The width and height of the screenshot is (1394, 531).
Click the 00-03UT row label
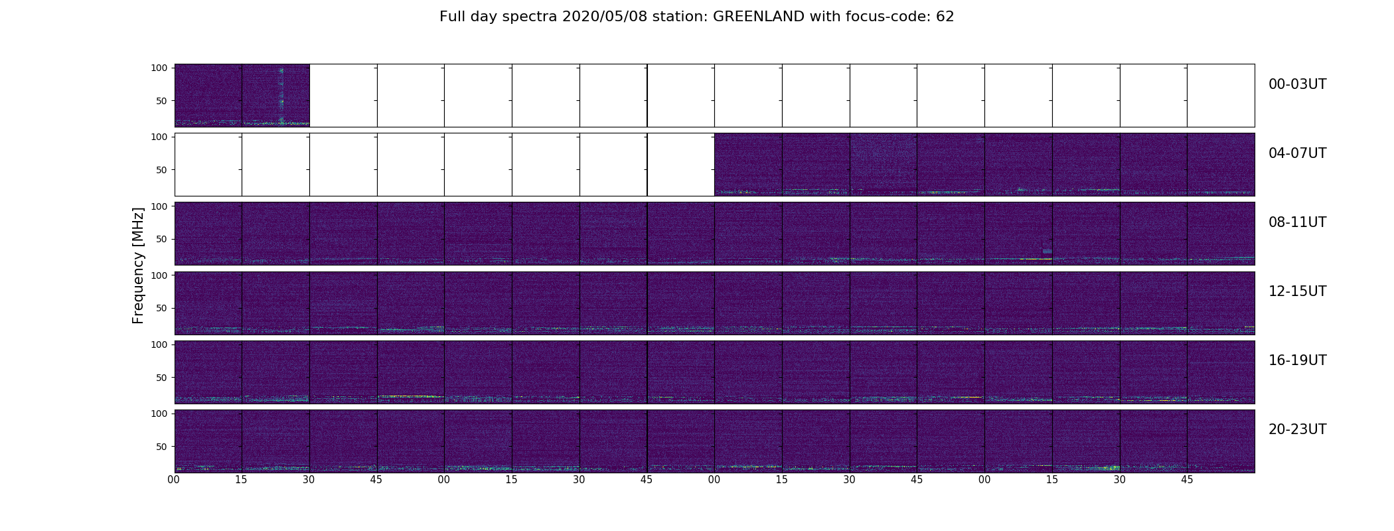(1297, 84)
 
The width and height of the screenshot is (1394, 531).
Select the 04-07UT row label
(1297, 153)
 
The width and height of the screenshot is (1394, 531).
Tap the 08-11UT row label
(1297, 222)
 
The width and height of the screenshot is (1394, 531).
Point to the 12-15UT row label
(1297, 291)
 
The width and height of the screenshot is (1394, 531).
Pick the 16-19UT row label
(1297, 360)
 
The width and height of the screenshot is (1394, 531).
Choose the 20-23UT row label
(1297, 429)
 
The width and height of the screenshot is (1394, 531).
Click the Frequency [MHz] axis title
(138, 265)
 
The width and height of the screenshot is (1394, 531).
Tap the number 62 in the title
(945, 17)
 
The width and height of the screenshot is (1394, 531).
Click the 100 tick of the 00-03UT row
(159, 68)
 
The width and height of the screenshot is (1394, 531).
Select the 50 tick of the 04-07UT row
(162, 170)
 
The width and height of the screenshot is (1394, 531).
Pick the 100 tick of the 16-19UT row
(159, 344)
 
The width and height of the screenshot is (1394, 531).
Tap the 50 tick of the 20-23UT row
(162, 447)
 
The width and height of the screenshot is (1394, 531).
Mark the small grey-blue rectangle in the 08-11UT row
(1047, 251)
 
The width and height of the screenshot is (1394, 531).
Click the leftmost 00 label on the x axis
(174, 480)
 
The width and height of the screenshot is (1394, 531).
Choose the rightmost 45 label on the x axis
(1187, 480)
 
